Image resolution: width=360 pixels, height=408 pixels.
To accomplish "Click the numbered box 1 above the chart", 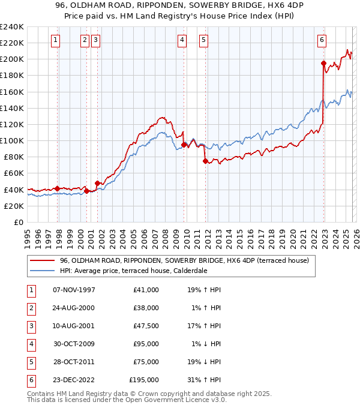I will (55, 40).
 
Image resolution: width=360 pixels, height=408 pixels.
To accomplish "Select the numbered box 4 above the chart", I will (182, 40).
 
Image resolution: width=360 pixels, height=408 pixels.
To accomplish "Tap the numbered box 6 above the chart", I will (322, 40).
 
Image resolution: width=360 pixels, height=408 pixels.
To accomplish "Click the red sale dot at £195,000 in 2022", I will (323, 63).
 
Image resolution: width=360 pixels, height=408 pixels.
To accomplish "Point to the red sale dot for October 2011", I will (205, 161).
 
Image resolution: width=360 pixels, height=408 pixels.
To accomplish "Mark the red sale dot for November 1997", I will (58, 188).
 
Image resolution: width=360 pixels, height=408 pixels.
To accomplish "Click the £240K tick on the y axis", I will (12, 27).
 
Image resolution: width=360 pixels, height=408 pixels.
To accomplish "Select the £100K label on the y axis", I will (12, 140).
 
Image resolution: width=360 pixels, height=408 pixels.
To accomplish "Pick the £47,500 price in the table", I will (145, 326).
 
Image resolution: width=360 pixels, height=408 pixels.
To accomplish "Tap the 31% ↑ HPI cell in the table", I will (208, 380).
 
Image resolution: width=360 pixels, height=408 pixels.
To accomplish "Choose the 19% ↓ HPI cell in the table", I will (208, 362).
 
